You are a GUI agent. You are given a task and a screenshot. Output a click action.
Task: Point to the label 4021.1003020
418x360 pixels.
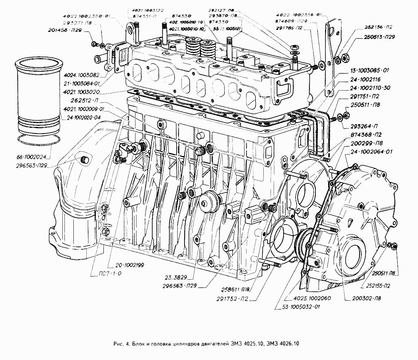[81, 93]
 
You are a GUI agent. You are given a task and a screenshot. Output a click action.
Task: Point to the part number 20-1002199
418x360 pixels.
[126, 265]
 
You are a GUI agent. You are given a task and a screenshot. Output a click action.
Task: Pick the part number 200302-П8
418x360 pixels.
[366, 298]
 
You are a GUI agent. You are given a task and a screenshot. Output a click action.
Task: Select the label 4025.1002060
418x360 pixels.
[312, 298]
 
